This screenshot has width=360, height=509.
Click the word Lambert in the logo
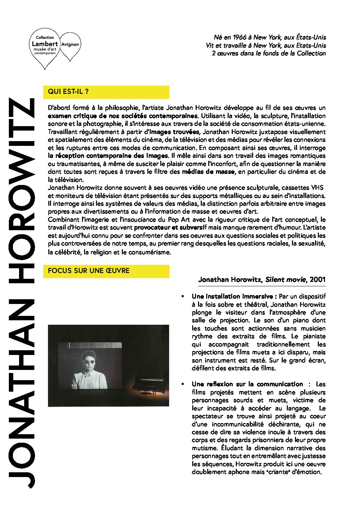(x=45, y=44)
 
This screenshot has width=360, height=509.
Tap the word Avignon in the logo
(x=70, y=44)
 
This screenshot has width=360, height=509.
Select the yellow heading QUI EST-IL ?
(x=68, y=91)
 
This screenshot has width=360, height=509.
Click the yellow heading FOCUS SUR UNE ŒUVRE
(x=88, y=271)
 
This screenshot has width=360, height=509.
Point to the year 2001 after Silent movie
(x=317, y=280)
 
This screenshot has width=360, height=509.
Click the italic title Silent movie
(x=285, y=280)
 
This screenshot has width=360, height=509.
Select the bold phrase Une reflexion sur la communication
(x=247, y=384)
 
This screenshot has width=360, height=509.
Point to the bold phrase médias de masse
(x=208, y=172)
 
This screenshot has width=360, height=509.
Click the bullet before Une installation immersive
(x=183, y=296)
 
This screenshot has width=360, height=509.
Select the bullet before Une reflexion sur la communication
(x=183, y=384)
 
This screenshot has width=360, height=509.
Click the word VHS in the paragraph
(x=317, y=188)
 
